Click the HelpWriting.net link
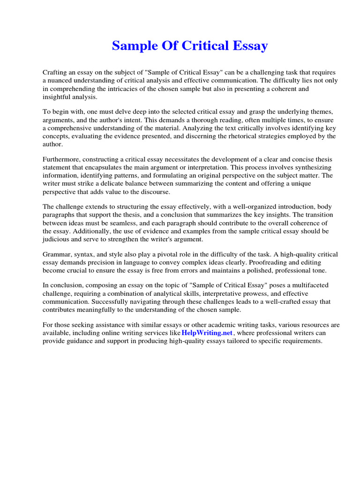[207, 333]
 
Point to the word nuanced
[61, 81]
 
